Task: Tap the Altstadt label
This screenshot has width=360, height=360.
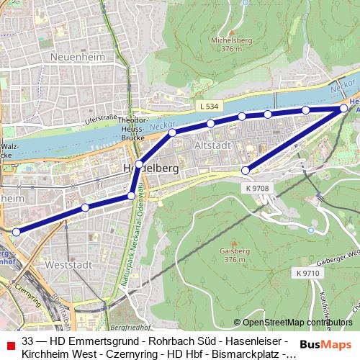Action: (x=212, y=145)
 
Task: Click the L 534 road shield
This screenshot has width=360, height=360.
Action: (x=207, y=106)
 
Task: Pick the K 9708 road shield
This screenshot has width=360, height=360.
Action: (x=257, y=188)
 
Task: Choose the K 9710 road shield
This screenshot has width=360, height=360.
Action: (x=307, y=274)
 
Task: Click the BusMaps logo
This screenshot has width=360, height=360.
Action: (x=326, y=344)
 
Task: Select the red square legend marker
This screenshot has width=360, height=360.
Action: (x=9, y=344)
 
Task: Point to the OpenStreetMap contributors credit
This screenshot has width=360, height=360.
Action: (x=297, y=323)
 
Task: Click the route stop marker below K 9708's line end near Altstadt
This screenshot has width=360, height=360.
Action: (x=246, y=171)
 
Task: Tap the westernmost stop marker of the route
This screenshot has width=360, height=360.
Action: (x=16, y=231)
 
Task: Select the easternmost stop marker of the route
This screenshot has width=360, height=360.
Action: (x=344, y=108)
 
